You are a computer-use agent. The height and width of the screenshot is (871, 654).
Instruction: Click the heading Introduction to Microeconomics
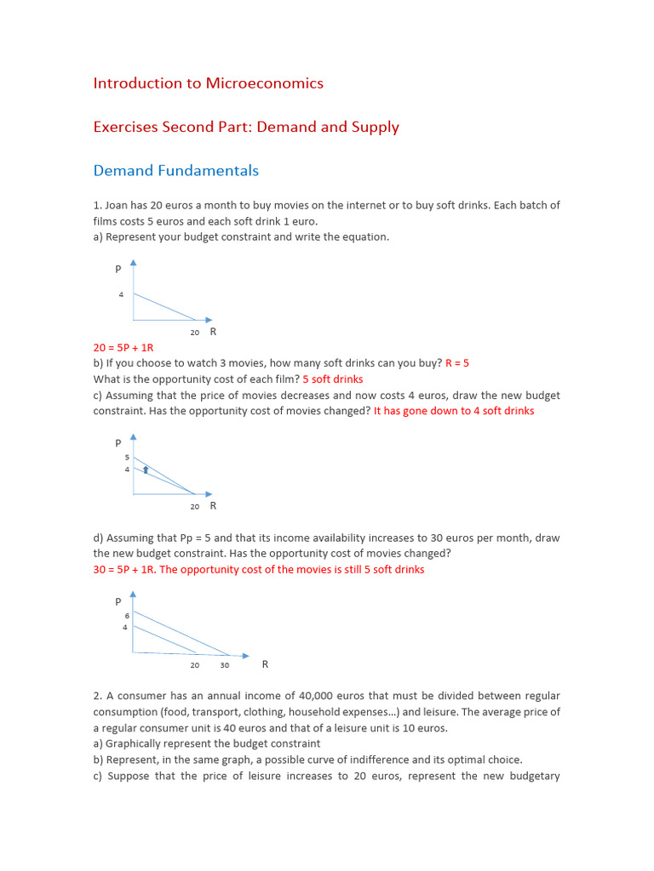point(208,83)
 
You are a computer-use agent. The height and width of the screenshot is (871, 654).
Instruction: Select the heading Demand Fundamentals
point(175,171)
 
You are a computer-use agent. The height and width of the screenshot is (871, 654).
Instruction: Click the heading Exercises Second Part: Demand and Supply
point(245,128)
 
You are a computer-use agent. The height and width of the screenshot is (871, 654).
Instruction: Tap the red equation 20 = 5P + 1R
point(123,347)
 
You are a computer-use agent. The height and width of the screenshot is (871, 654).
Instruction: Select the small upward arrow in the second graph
point(146,469)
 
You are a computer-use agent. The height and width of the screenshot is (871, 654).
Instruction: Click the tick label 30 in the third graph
point(225,665)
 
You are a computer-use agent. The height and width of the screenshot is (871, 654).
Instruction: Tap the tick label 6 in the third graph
point(125,615)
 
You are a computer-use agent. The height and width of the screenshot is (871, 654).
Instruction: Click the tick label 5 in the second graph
point(126,458)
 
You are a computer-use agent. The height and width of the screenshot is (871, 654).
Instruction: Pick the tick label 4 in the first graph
point(121,294)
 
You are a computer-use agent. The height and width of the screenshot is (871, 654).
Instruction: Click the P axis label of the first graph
point(118,269)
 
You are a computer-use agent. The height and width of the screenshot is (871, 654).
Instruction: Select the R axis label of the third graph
point(265,664)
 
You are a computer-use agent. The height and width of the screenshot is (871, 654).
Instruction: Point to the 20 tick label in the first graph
point(195,333)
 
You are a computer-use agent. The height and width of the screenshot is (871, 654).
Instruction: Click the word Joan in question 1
point(118,205)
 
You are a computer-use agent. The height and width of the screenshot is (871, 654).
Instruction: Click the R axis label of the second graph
point(213,505)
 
